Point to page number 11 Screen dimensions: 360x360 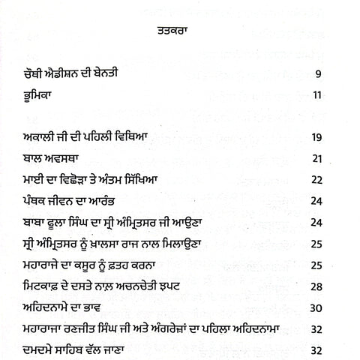coord(316,95)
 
